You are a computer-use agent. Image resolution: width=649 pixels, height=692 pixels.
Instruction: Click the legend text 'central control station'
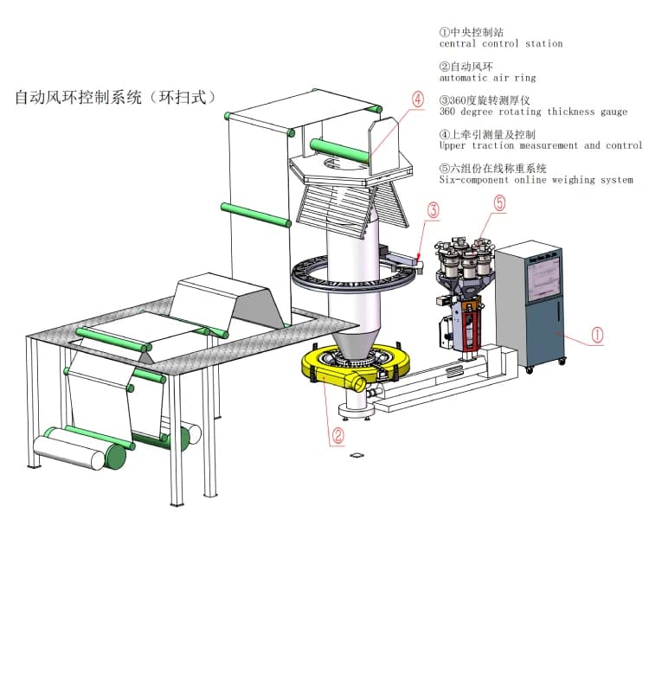500,43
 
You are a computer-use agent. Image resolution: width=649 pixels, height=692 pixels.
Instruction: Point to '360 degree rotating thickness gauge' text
533,112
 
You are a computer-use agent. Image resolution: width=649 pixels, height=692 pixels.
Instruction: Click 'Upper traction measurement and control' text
540,145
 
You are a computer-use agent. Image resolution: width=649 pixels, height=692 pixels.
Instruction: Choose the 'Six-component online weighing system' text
536,180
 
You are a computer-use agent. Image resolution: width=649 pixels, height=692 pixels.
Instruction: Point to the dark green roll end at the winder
115,457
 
